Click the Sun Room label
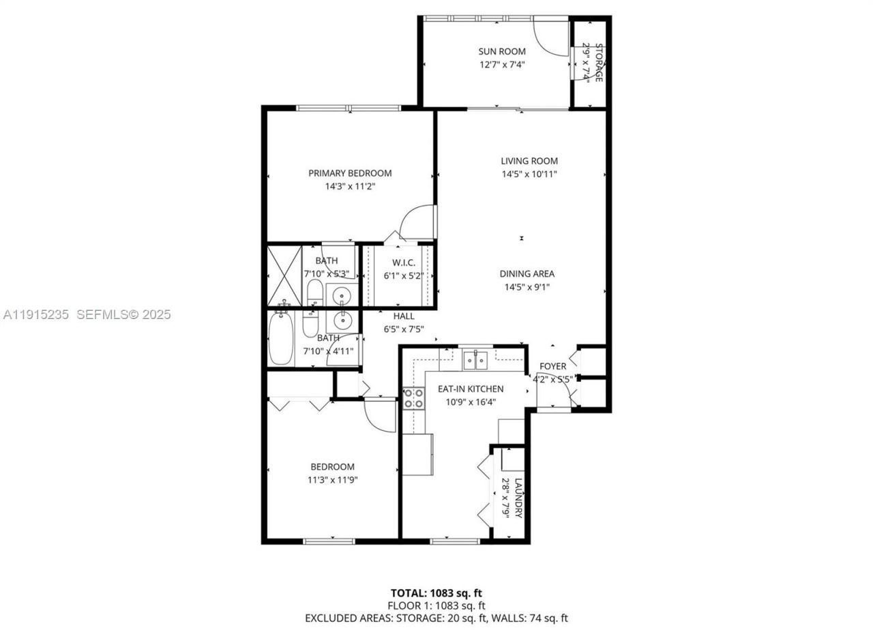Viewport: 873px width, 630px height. [x=501, y=51]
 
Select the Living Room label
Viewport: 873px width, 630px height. [x=529, y=162]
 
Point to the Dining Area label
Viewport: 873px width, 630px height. [x=527, y=274]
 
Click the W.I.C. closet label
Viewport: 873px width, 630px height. [x=404, y=263]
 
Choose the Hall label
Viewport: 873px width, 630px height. [x=404, y=316]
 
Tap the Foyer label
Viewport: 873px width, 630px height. [x=552, y=366]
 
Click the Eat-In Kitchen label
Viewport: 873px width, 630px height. [x=471, y=389]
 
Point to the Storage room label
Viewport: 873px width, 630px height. [x=599, y=63]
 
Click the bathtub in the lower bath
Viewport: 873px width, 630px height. [x=280, y=339]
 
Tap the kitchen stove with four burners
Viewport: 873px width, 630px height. [x=412, y=399]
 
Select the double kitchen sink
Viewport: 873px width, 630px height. [x=475, y=359]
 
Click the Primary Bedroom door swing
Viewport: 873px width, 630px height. [x=417, y=223]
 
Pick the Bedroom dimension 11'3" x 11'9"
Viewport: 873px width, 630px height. [x=333, y=480]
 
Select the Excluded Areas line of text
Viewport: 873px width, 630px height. [x=436, y=618]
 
